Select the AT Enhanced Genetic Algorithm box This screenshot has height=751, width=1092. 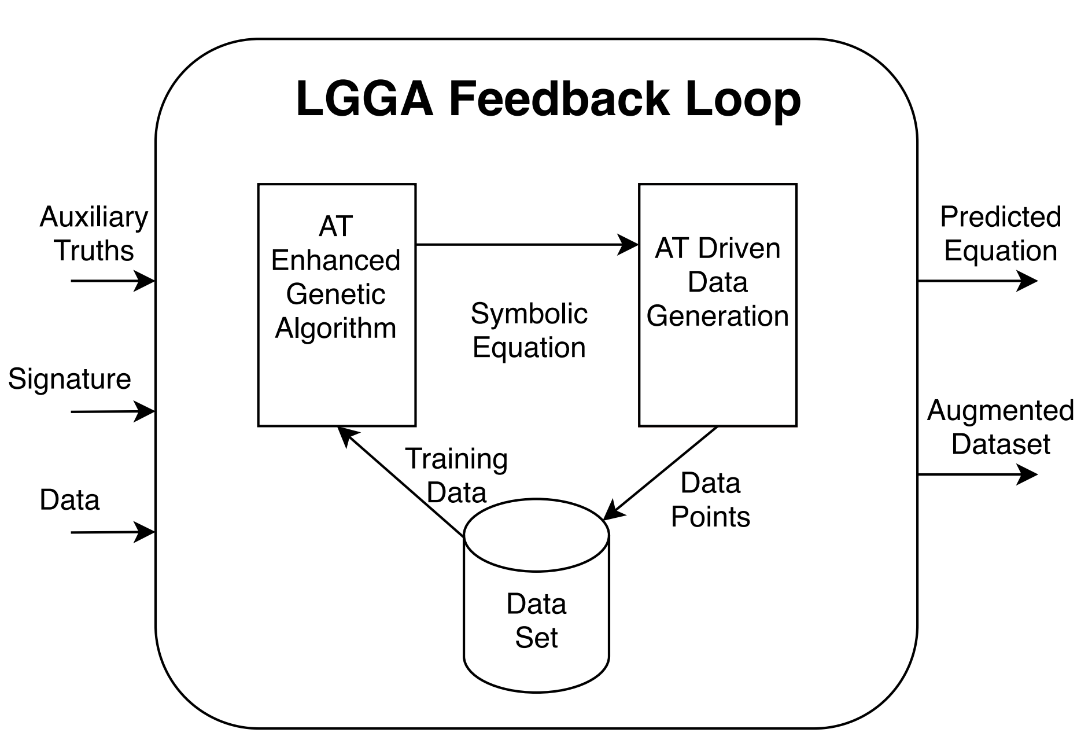click(337, 305)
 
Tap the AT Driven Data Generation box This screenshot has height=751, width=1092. click(717, 305)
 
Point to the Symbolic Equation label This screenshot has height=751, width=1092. click(529, 330)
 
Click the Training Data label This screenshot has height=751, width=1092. click(456, 476)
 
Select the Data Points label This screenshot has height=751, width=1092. click(710, 500)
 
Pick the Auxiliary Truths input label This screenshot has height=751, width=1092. click(94, 234)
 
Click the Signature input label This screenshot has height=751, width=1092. click(69, 379)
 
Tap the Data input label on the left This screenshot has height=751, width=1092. click(69, 499)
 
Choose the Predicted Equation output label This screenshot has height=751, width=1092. click(1001, 234)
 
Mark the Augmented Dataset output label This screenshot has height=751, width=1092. click(1001, 427)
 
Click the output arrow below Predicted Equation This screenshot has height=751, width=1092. click(977, 281)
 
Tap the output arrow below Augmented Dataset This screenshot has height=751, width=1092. click(977, 475)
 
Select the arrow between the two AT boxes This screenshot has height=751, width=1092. click(526, 245)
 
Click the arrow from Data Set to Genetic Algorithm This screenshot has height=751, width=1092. click(401, 483)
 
